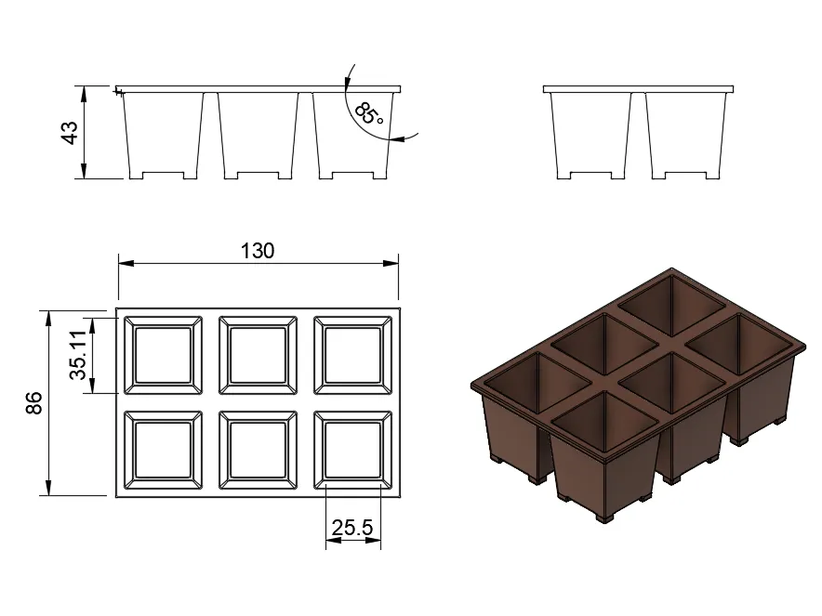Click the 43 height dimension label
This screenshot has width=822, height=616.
point(69,132)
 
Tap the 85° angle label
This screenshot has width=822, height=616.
point(369,114)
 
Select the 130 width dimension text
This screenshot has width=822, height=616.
point(258,251)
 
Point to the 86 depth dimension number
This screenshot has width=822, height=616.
point(34,402)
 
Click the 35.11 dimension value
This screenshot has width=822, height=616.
point(77,355)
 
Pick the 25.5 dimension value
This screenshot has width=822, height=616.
point(352,527)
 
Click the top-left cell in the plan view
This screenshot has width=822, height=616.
point(163,355)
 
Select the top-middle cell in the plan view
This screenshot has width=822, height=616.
point(258,355)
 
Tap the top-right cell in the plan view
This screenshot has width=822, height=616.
point(352,355)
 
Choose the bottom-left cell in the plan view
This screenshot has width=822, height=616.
point(163,450)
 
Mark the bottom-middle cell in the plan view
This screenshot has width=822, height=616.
point(258,450)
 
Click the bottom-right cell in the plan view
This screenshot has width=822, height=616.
point(352,450)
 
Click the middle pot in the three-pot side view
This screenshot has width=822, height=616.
point(258,136)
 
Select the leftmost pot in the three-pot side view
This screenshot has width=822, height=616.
point(163,136)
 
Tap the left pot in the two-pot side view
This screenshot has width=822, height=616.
point(590,136)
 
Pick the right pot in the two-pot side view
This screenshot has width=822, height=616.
point(685,136)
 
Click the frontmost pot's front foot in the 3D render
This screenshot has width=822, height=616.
point(605,517)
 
